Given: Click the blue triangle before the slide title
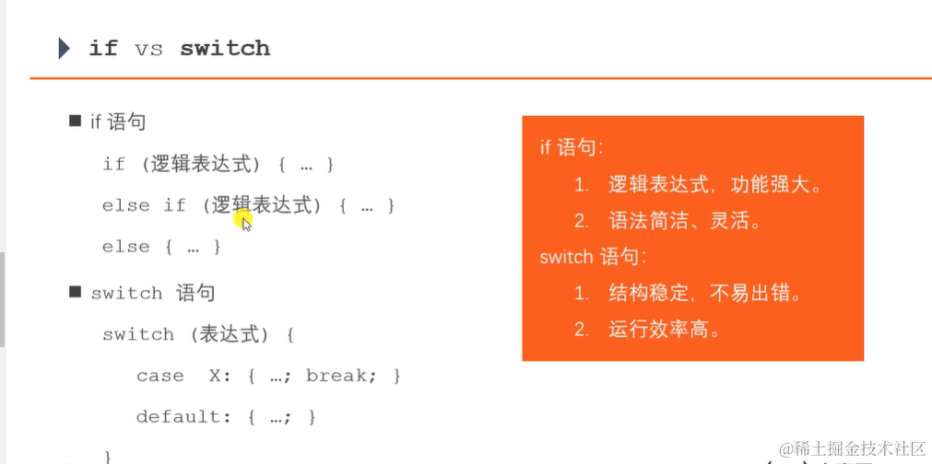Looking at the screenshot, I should tap(64, 48).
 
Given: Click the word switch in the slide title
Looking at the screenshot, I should tap(225, 49).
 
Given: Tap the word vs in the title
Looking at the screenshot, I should tap(149, 49).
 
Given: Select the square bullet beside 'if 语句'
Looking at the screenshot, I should tap(76, 121).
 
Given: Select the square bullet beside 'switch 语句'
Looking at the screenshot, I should tap(76, 292).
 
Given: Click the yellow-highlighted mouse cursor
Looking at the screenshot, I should tap(244, 220).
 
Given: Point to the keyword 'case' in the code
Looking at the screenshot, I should tap(159, 376).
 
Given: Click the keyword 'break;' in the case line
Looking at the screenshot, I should tap(340, 376).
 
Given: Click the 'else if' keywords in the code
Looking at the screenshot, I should tap(144, 205).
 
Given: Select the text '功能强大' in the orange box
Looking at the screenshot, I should tap(775, 184).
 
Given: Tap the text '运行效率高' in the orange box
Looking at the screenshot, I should tap(664, 329).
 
